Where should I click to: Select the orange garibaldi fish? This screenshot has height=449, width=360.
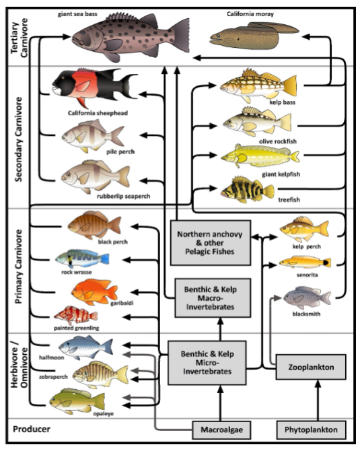click(94, 292)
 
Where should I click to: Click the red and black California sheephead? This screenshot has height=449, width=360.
click(94, 86)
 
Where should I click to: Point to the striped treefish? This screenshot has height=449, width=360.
click(247, 190)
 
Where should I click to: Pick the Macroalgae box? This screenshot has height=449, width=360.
click(221, 429)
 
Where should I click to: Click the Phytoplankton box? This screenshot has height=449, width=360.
click(311, 429)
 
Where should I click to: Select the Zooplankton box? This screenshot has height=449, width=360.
click(311, 367)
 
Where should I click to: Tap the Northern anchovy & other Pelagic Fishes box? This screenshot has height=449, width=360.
click(211, 243)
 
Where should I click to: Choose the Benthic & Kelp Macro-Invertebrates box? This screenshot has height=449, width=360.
click(213, 298)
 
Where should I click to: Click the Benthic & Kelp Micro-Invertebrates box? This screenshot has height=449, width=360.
click(207, 363)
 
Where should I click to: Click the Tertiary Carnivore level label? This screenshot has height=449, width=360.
click(19, 37)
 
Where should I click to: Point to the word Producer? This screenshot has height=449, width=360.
click(32, 429)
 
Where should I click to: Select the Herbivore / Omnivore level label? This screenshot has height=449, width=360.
click(19, 364)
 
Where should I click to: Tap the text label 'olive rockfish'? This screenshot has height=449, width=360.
click(278, 141)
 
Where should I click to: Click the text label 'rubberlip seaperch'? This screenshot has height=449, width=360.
click(123, 196)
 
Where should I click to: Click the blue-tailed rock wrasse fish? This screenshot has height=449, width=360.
click(82, 258)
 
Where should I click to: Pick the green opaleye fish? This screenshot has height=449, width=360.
click(77, 401)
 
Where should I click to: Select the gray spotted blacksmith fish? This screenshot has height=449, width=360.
click(307, 298)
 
